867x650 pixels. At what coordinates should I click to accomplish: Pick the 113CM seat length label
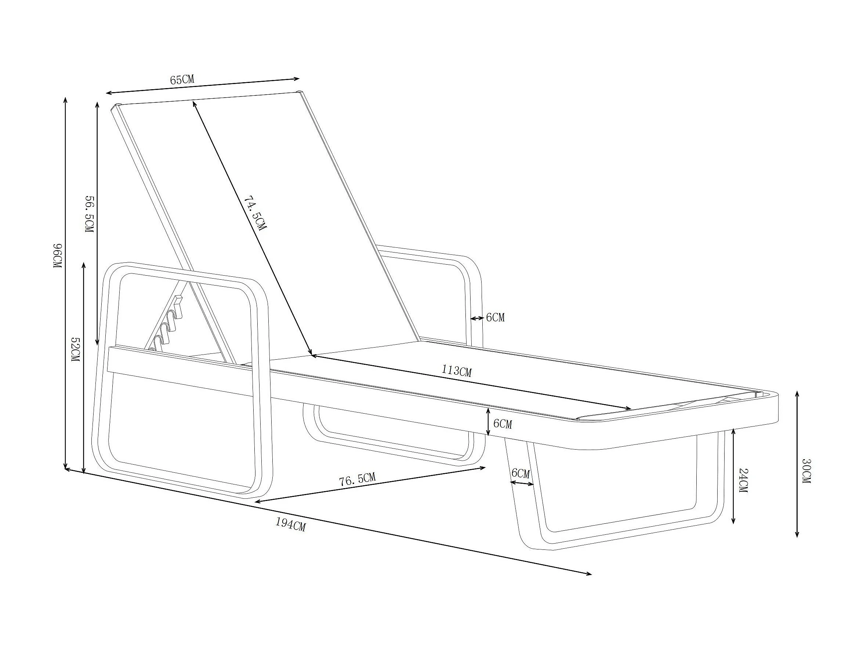(x=457, y=370)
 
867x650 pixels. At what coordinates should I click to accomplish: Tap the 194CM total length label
(x=290, y=524)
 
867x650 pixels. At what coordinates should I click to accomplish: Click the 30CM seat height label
(x=805, y=471)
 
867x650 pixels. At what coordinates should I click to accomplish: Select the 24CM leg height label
(x=743, y=480)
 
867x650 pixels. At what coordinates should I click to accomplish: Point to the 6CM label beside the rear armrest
(x=496, y=317)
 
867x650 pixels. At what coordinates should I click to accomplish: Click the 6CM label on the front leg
(x=520, y=473)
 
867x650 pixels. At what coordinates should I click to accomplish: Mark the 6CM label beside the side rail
(x=503, y=424)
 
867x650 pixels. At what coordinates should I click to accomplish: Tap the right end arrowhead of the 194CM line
(x=590, y=574)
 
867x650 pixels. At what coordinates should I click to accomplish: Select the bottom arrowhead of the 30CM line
(x=797, y=535)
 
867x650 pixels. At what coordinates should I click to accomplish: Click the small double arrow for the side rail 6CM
(x=488, y=422)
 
